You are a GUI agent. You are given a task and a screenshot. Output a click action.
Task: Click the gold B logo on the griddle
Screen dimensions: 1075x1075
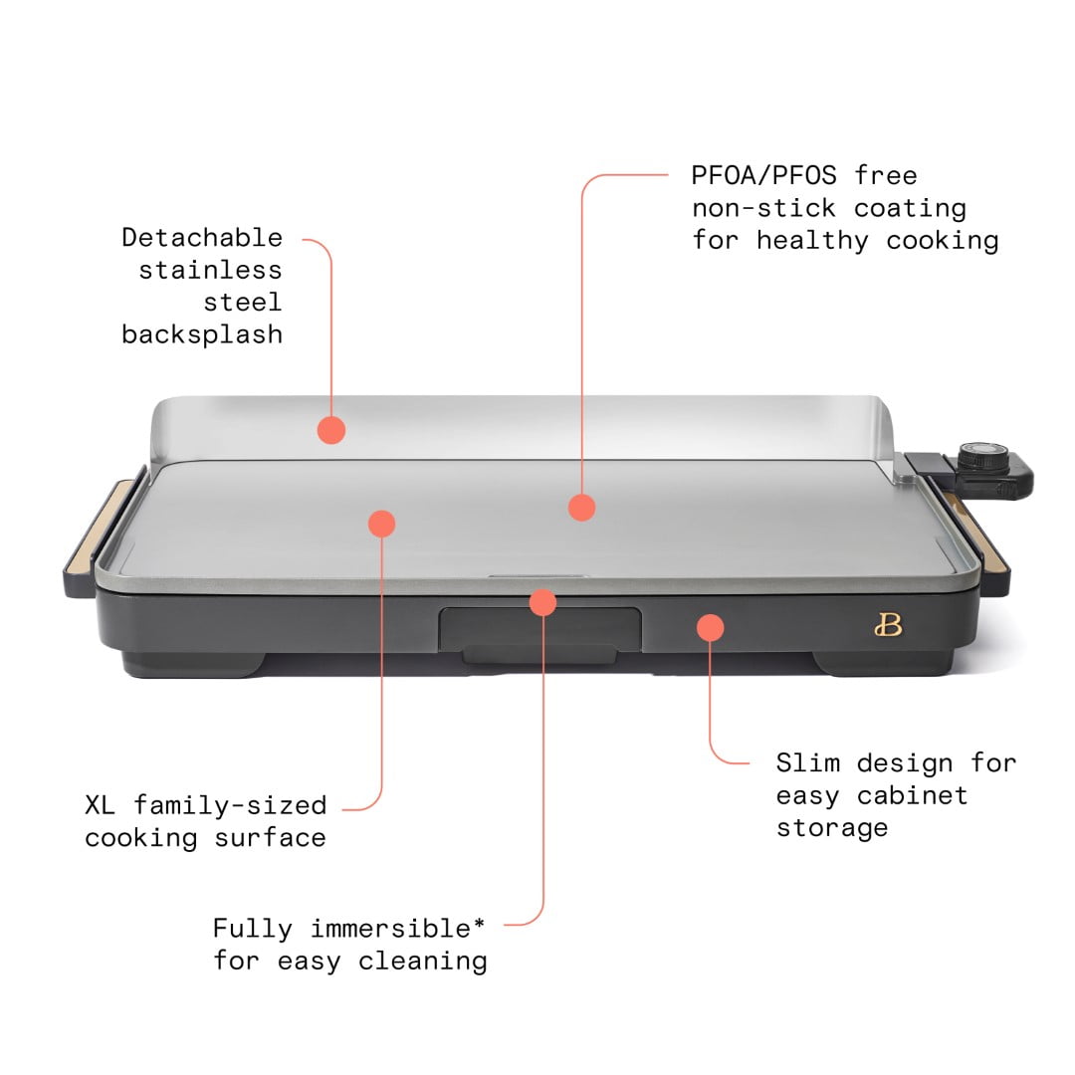point(888,625)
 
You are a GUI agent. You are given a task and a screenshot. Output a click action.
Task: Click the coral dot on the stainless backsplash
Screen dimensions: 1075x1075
point(331,430)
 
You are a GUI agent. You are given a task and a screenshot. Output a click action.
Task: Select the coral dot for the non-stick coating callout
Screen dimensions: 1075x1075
point(582,508)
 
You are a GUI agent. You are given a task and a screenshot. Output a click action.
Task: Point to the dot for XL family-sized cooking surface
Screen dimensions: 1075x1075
point(381,523)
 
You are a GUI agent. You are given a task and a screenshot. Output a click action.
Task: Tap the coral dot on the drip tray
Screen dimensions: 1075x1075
point(542,601)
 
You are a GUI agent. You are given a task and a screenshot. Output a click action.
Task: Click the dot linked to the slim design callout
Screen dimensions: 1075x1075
point(710,627)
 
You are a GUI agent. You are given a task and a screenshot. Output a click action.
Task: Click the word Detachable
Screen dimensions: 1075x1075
point(202,238)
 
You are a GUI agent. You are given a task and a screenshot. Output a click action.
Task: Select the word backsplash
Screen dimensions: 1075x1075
point(202,334)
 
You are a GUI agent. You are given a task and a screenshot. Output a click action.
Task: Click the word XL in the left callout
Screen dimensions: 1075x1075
point(101,804)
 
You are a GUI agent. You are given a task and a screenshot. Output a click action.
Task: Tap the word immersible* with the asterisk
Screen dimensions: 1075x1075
point(398,929)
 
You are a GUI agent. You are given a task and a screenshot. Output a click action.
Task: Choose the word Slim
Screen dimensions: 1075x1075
point(808,763)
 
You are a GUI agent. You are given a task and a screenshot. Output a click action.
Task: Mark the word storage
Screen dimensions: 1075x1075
point(832,828)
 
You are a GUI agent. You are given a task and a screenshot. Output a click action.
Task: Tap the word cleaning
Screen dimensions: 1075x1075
point(423,962)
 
